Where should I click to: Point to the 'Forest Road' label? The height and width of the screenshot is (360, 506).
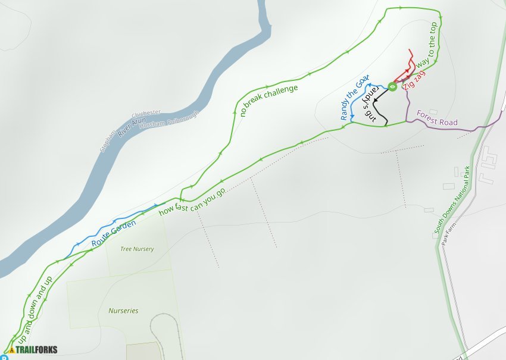coord(437,118)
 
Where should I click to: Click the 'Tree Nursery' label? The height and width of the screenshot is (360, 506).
coord(137,249)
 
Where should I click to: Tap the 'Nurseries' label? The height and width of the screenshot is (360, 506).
coord(123,311)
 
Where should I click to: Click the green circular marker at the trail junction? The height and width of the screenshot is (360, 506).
coord(392,87)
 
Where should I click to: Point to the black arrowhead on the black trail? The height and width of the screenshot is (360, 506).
coord(377,97)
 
